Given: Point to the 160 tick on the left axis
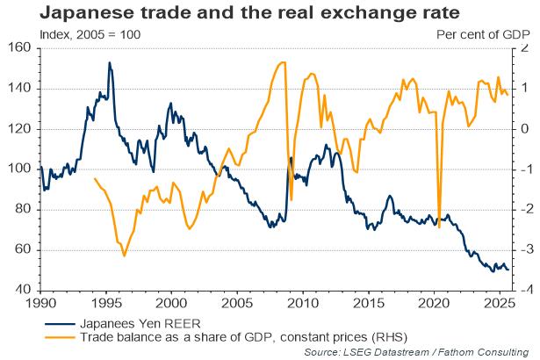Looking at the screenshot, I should click(x=20, y=48).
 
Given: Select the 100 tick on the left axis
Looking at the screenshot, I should click(x=20, y=169).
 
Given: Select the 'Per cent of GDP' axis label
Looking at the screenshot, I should click(x=484, y=34).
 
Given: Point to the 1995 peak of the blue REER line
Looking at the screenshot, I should click(x=109, y=62).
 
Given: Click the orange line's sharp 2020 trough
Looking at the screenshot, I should click(x=439, y=227).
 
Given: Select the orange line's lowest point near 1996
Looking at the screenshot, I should click(x=124, y=256).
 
